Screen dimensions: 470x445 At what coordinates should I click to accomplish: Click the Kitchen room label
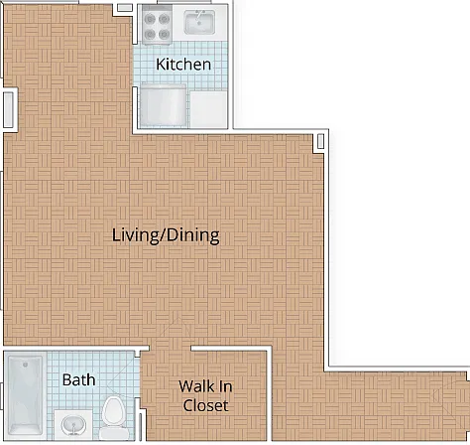pyautogui.click(x=183, y=64)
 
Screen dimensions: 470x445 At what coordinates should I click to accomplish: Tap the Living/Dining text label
pyautogui.click(x=166, y=235)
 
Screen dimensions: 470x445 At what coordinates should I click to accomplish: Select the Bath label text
pyautogui.click(x=78, y=379)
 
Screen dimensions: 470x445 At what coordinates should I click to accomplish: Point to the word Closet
pyautogui.click(x=205, y=405)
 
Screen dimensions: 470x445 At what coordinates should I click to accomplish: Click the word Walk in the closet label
pyautogui.click(x=195, y=386)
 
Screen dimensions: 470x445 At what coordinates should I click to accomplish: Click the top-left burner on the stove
pyautogui.click(x=150, y=19)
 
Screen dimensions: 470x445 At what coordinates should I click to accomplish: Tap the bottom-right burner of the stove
pyautogui.click(x=164, y=34)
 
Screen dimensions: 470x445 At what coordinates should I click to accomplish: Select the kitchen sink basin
pyautogui.click(x=199, y=22)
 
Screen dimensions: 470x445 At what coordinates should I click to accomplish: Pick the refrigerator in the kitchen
pyautogui.click(x=163, y=105)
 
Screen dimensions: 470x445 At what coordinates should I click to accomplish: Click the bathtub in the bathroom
pyautogui.click(x=25, y=395)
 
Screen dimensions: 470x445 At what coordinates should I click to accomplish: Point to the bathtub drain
pyautogui.click(x=26, y=365)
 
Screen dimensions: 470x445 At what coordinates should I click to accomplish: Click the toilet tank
pyautogui.click(x=114, y=433)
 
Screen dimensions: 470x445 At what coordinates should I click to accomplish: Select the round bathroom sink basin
pyautogui.click(x=73, y=425)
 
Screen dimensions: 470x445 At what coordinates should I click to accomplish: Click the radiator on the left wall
pyautogui.click(x=8, y=109)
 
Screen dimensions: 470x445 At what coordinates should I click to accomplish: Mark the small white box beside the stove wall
pyautogui.click(x=125, y=8)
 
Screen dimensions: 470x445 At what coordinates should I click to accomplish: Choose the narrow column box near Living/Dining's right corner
pyautogui.click(x=320, y=141)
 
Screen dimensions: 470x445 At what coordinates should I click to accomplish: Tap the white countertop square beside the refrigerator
pyautogui.click(x=208, y=109)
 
